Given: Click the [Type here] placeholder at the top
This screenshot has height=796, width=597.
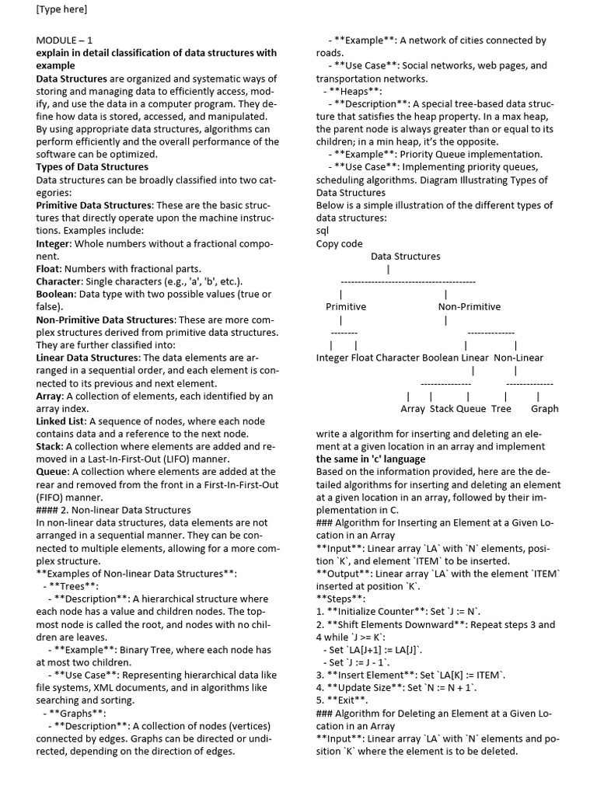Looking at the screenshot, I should point(61,9).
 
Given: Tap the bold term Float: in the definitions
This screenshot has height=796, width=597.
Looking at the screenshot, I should point(51,269).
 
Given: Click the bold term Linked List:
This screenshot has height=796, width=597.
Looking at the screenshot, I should point(61,421).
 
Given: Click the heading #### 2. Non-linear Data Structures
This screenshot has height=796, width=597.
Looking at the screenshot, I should point(113,510).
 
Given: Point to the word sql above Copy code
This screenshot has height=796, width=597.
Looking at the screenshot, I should point(323,231).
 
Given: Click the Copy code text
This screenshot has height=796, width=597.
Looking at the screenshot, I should point(339,243).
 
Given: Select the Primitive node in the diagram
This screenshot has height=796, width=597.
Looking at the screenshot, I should point(345,306).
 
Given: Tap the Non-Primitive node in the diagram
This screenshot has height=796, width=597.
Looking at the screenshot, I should point(470,306).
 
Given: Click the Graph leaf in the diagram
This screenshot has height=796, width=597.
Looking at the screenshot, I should point(544,408).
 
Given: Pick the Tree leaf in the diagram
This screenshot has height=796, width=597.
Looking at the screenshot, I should point(501,408).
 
